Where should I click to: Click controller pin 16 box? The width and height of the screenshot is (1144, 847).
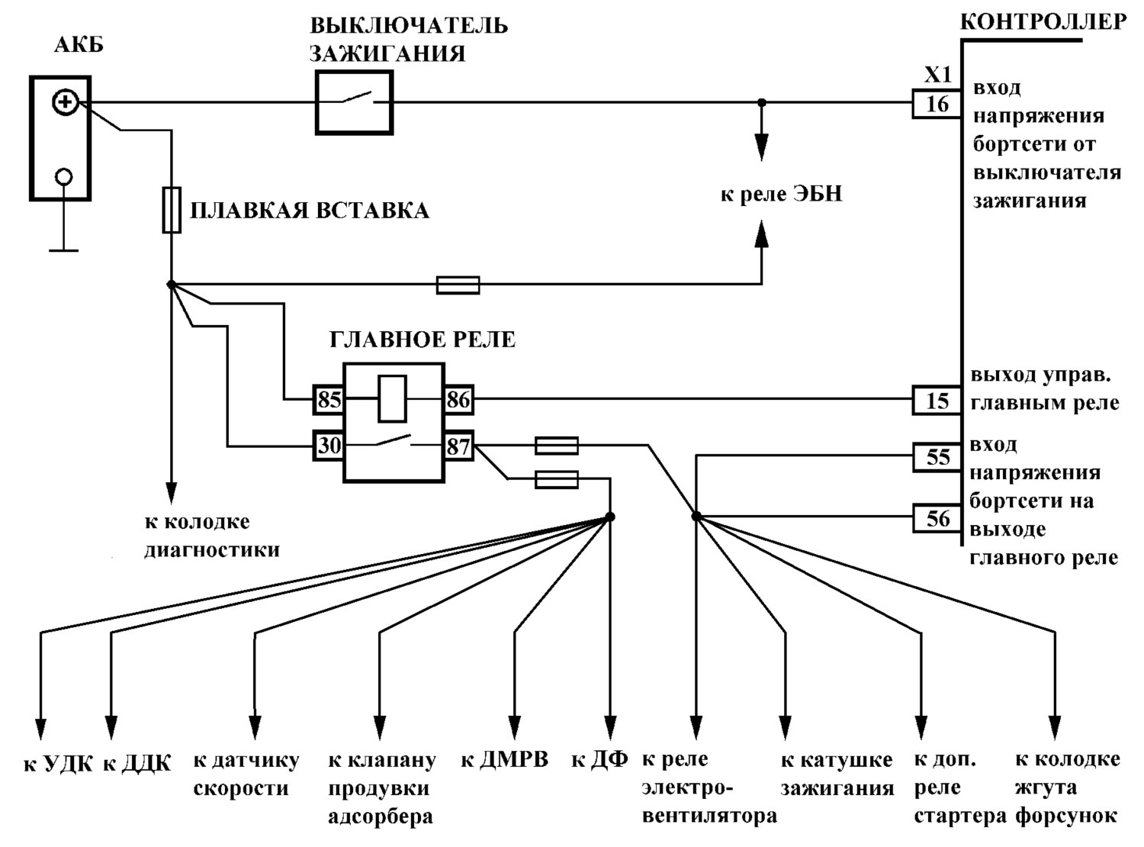937,104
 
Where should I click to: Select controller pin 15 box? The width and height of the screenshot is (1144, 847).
937,401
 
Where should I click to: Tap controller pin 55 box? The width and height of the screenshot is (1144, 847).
937,457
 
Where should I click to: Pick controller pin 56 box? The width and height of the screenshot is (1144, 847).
937,517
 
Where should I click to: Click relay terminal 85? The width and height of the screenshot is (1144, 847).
329,400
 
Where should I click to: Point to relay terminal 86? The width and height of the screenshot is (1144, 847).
458,400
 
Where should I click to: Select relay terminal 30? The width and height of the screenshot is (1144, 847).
329,446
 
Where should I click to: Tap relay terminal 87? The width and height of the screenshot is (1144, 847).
458,446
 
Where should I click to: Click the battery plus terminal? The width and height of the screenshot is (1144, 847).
66,101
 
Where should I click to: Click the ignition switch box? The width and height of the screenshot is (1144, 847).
355,103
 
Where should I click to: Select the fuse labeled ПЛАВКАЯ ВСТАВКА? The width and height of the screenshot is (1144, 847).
172,210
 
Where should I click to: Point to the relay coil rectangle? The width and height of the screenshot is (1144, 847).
393,399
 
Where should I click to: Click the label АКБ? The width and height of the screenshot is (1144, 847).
79,46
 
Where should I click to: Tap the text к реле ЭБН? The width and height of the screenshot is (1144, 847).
782,195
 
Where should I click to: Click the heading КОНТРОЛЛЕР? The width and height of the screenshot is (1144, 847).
1043,22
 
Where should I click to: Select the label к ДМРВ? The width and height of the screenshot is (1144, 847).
504,760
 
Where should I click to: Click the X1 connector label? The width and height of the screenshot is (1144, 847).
937,76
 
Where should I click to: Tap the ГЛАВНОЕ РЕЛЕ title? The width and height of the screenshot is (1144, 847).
423,340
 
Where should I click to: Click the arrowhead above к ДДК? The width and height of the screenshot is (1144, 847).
111,728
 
